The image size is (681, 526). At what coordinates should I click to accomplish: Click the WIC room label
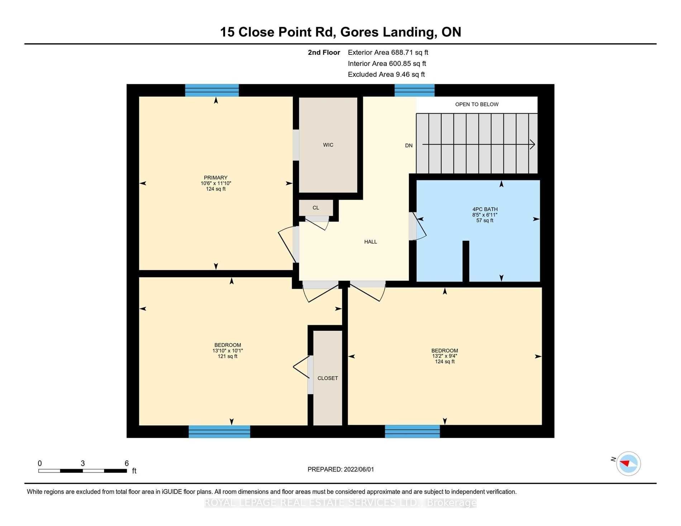point(328,145)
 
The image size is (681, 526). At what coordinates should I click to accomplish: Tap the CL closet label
point(316,208)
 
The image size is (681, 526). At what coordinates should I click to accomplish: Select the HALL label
point(371,242)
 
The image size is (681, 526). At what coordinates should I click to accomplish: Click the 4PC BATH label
point(485,209)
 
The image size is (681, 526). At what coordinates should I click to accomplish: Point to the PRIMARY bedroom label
point(216,178)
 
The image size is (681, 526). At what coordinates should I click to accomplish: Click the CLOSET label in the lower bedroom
point(328,378)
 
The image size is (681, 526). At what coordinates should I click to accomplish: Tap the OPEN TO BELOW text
point(477,104)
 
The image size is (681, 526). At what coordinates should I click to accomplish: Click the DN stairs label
point(409,145)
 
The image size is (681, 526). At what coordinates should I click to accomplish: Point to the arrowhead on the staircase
point(533,144)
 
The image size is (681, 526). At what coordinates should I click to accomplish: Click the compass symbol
point(628,463)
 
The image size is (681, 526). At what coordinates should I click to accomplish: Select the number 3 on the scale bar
point(83,463)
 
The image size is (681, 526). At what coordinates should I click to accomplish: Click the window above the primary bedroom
point(212,90)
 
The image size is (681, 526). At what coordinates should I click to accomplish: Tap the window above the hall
point(415,90)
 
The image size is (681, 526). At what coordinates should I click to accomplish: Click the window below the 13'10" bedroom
point(219,431)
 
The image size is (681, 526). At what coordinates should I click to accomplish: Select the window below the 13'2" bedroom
point(413,431)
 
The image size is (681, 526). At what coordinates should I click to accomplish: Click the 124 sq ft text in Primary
point(216,189)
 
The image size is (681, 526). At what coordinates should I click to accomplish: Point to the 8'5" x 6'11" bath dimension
point(485,215)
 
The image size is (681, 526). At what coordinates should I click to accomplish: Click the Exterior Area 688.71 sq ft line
point(388,52)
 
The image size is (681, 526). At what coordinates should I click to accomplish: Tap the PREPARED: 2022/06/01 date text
point(341,469)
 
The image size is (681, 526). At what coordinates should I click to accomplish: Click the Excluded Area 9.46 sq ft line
point(386,75)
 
